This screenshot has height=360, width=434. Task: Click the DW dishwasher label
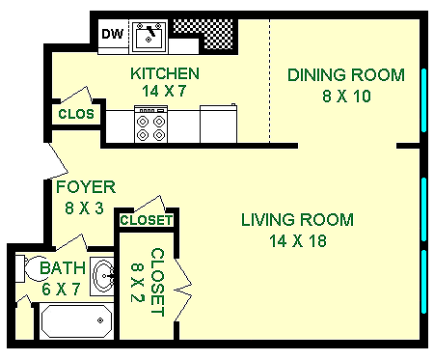pos(113,36)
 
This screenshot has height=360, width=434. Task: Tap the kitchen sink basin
pos(149,37)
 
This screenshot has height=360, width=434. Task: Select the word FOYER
pos(86,187)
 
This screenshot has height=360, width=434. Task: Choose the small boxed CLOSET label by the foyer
pos(147,221)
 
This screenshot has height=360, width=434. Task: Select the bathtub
pos(75,319)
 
